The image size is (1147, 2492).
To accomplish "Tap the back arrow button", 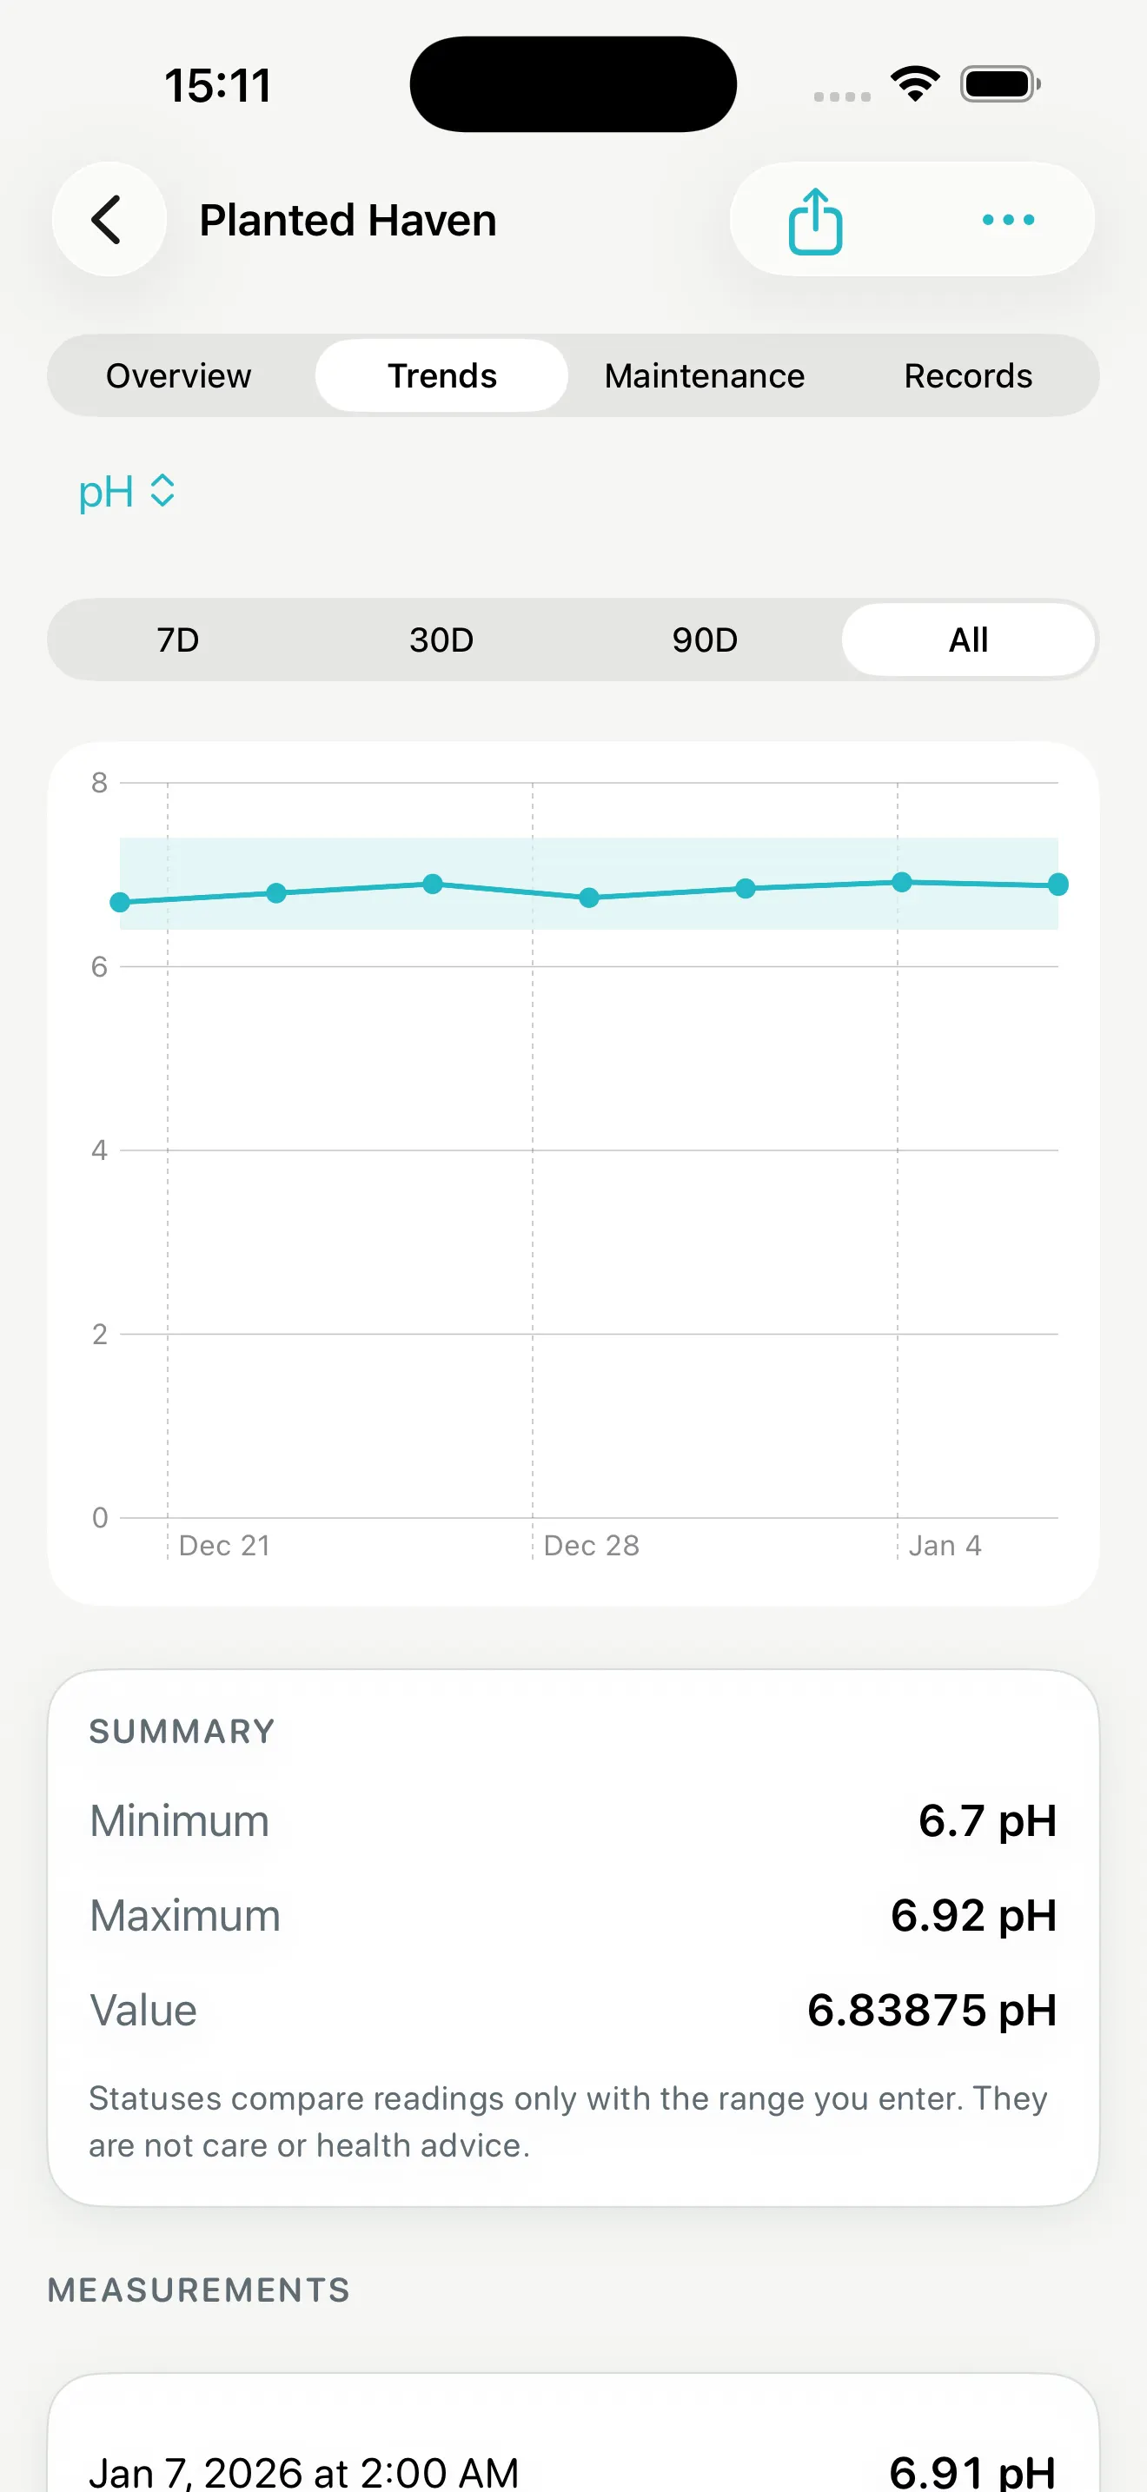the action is tap(109, 220).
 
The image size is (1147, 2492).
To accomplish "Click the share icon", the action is tap(815, 222).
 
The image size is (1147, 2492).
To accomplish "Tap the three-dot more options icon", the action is tap(1008, 221).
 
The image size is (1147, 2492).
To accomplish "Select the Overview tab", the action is tap(179, 375).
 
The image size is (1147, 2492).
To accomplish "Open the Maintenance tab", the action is tap(704, 375).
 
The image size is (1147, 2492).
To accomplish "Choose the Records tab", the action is tap(968, 375).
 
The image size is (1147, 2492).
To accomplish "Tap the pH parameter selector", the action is tap(127, 492).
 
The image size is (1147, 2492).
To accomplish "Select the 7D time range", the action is tap(179, 640).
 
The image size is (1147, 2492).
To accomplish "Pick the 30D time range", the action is tap(442, 640).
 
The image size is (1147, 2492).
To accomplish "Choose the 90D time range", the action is tap(705, 640).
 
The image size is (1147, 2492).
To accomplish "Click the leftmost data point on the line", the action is tap(120, 903).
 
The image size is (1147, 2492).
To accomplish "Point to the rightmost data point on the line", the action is tap(1058, 885).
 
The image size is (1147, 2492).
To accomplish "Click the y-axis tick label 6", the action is tap(99, 966).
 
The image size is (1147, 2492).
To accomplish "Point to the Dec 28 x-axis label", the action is tap(592, 1545).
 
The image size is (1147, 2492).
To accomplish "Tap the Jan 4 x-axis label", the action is tap(945, 1545).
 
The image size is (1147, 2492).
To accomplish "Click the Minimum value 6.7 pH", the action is tap(987, 1820).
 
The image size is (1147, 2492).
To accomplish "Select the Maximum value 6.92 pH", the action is tap(974, 1915).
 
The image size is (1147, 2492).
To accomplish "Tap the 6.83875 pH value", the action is tap(932, 2011).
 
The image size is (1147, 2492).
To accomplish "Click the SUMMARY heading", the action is tap(182, 1732).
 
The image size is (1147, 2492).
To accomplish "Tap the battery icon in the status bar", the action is tap(1000, 84).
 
